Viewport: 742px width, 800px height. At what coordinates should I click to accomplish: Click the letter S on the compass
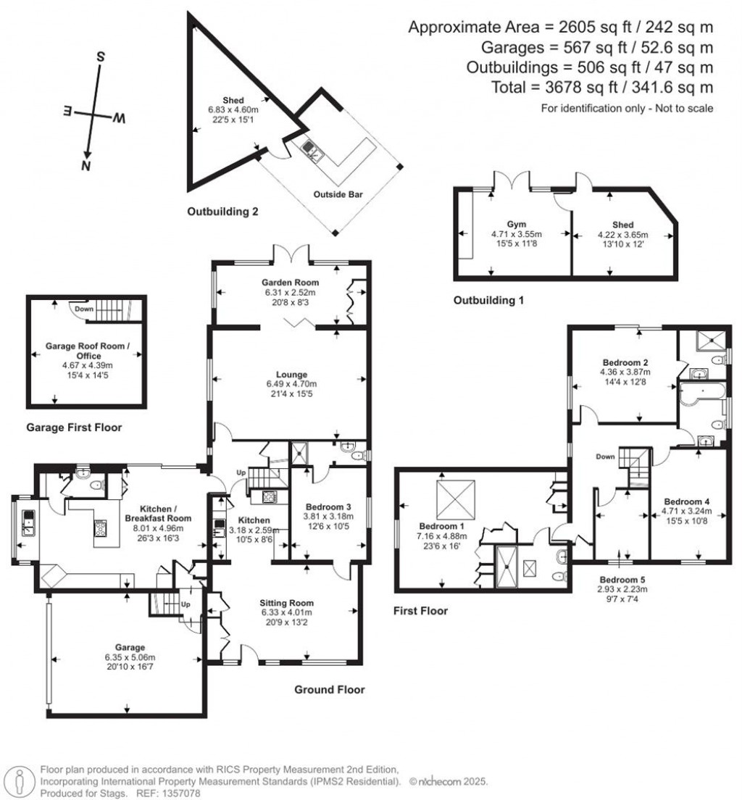pos(101,57)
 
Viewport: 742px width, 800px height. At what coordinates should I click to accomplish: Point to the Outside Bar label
pos(338,193)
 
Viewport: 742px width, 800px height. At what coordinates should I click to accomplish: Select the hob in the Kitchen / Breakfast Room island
pos(99,528)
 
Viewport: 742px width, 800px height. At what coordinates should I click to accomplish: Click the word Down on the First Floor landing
pos(605,457)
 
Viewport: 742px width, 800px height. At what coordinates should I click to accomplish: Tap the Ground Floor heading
pos(329,689)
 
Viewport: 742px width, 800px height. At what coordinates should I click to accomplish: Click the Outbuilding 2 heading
pos(223,212)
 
